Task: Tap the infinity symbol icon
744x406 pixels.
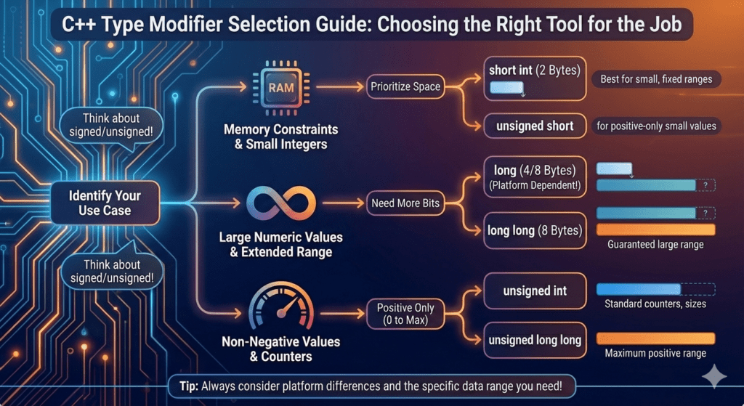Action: tap(280, 204)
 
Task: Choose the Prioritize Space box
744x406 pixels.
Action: tap(405, 86)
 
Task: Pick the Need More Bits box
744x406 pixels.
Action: tap(405, 203)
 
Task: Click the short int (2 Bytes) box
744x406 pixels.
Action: tap(535, 78)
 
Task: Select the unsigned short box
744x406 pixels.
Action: tap(535, 126)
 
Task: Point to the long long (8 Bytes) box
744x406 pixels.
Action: tap(535, 230)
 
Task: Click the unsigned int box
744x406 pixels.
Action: tap(535, 291)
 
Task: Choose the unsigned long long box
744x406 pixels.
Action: tap(535, 339)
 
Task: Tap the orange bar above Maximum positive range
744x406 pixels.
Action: tap(655, 338)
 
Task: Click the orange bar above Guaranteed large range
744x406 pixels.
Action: tap(655, 230)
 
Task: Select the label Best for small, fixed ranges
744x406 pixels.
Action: tap(656, 79)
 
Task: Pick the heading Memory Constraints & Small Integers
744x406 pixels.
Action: tap(280, 137)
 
